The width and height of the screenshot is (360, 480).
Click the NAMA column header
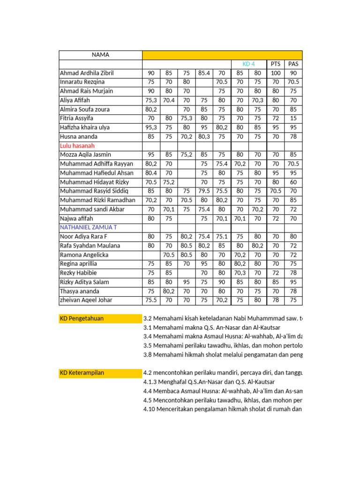[x=100, y=55]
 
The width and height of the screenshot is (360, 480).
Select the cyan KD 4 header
[x=248, y=64]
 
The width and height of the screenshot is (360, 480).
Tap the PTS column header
[x=275, y=64]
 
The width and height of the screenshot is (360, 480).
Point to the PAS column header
[x=293, y=64]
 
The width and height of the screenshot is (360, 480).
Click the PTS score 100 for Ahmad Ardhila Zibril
[x=275, y=73]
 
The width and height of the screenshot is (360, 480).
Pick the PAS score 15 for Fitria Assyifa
[x=293, y=119]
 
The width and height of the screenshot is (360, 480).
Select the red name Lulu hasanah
[x=77, y=146]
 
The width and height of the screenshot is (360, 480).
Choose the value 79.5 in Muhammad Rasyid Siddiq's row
[x=204, y=191]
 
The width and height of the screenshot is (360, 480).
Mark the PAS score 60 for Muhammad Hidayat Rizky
[x=293, y=182]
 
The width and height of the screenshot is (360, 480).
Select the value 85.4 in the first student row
[x=204, y=73]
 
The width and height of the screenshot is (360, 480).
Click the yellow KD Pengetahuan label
[x=82, y=319]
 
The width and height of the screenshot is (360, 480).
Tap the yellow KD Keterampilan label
[x=82, y=373]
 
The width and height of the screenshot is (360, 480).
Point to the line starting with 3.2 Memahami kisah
[x=223, y=319]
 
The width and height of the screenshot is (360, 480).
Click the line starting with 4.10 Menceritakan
[x=223, y=409]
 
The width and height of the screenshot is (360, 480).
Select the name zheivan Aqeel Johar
[x=86, y=300]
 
